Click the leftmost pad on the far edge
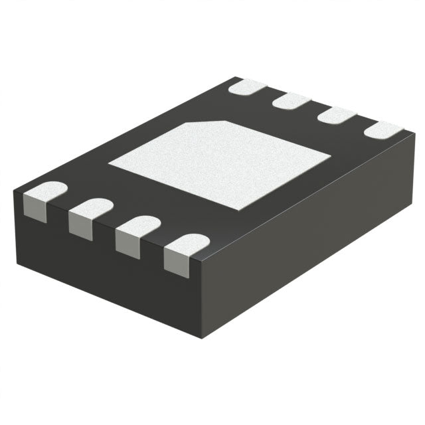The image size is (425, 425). pos(247,86)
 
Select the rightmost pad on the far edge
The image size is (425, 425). pos(384,129)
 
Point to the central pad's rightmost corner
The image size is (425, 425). pos(330,157)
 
